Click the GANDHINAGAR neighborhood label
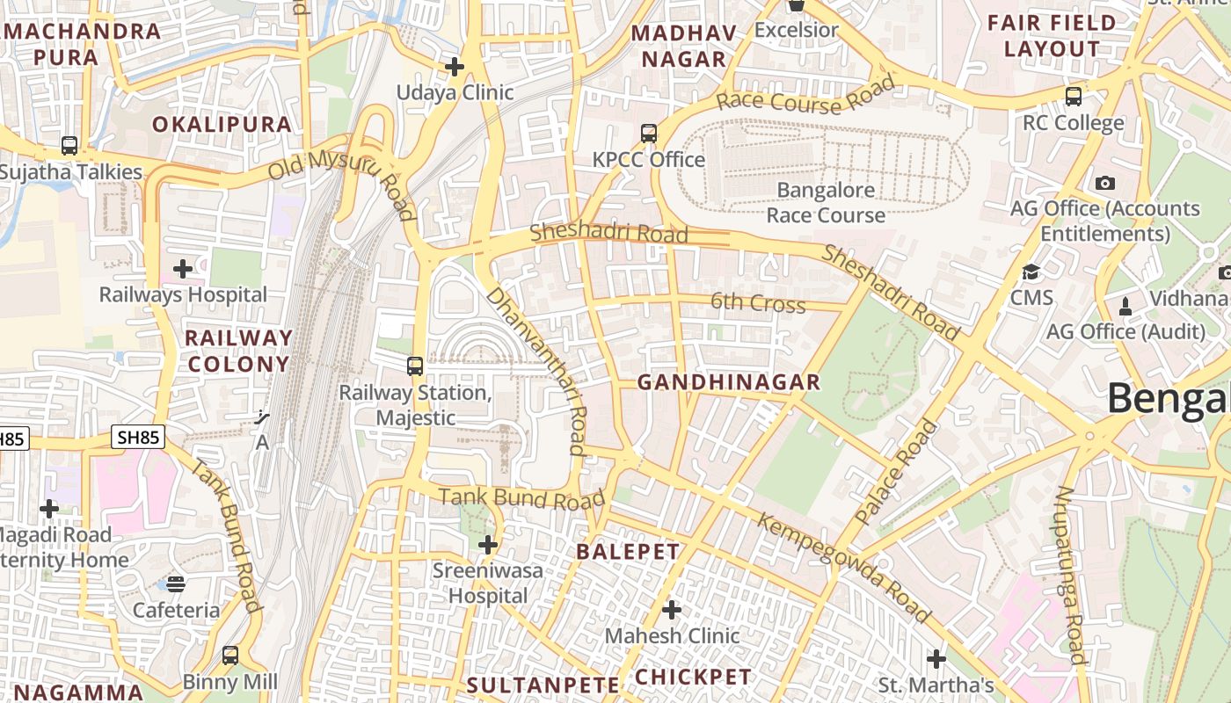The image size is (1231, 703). tap(728, 382)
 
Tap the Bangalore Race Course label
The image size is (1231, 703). tap(826, 203)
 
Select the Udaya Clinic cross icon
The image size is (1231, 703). tap(455, 66)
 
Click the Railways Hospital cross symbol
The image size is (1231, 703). tap(183, 268)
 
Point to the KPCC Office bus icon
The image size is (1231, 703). tap(649, 134)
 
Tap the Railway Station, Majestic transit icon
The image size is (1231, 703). tap(415, 366)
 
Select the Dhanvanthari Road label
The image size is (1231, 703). tap(536, 369)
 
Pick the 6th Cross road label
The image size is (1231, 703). tap(758, 304)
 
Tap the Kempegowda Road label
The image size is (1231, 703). tap(843, 569)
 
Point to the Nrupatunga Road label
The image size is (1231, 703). tap(1070, 575)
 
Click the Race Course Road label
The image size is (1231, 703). tap(805, 96)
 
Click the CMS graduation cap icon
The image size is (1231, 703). tap(1031, 272)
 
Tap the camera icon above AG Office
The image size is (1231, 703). tap(1105, 183)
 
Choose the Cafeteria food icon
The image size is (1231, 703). tap(176, 583)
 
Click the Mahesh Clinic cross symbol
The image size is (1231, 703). tap(672, 609)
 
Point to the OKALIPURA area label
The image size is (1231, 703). tap(222, 125)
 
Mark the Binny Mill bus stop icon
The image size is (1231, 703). tap(229, 655)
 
